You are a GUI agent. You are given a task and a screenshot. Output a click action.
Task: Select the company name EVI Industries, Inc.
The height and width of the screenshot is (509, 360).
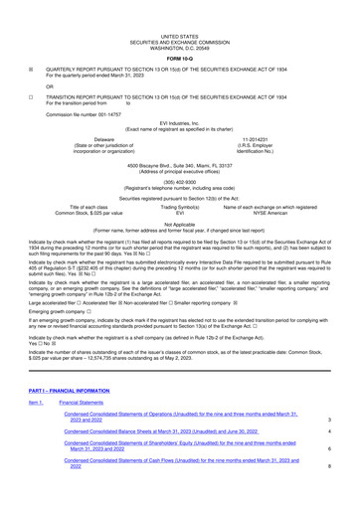point(179,121)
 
